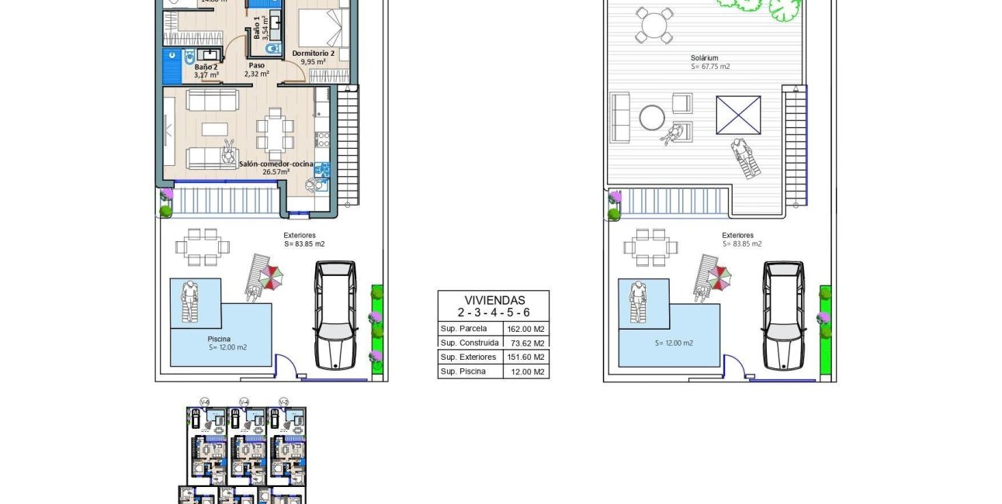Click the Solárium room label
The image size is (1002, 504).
[705, 57]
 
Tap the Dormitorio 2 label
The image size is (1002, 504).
[314, 54]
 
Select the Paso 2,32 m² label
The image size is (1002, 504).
[256, 70]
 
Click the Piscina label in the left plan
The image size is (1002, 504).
[219, 339]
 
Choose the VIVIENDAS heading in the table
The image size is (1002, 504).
[494, 300]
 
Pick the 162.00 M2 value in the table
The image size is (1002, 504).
[530, 329]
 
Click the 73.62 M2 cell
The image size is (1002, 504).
[530, 343]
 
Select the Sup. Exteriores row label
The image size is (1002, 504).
[468, 357]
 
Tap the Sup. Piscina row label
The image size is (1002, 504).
[463, 371]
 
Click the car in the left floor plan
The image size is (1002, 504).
[335, 315]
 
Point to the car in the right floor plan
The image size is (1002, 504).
[783, 315]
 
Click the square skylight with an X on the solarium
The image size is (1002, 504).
[738, 115]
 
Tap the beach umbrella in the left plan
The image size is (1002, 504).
[271, 275]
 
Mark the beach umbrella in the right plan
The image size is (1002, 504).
[719, 275]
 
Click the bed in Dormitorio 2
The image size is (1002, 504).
[317, 29]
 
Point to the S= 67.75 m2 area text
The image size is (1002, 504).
[710, 67]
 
